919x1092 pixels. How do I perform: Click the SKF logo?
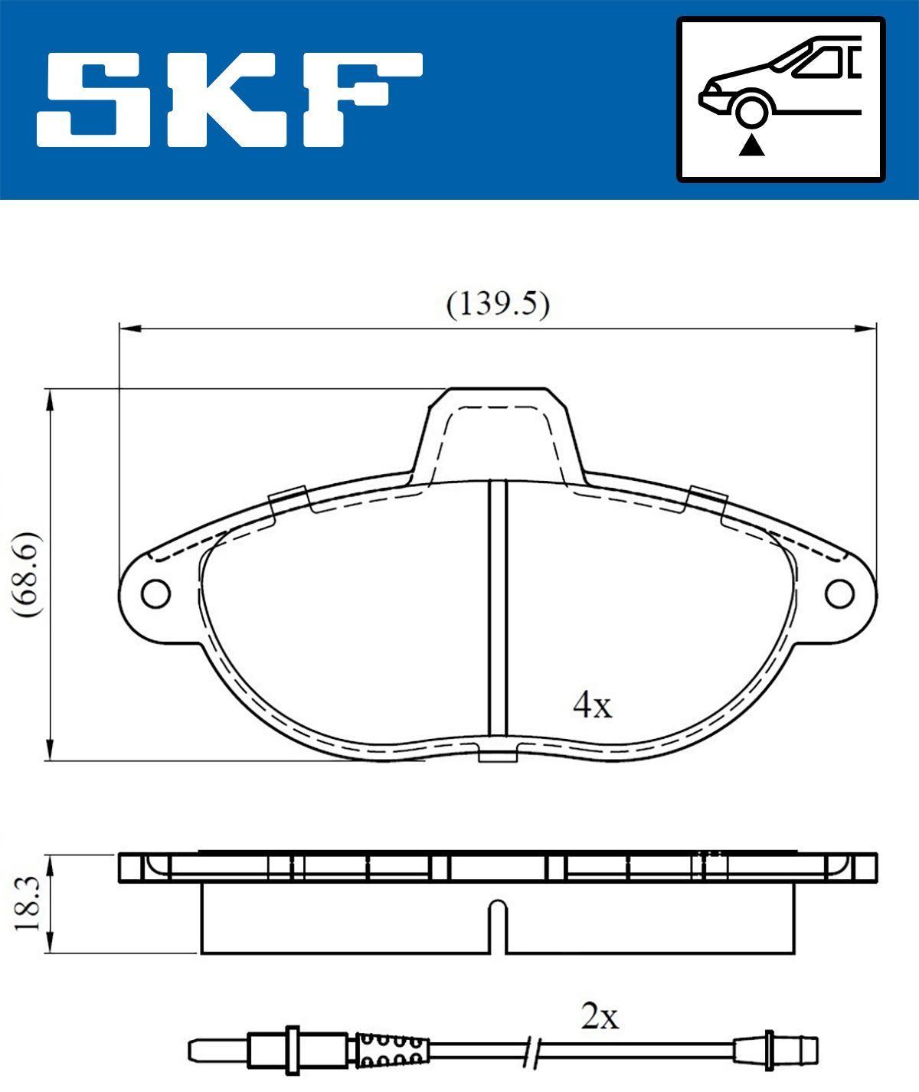tap(230, 100)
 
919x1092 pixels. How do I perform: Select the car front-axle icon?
tap(780, 100)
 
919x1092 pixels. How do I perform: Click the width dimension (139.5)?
tap(498, 305)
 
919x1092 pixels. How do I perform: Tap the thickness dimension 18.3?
tap(26, 904)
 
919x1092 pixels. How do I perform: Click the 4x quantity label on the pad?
tap(593, 705)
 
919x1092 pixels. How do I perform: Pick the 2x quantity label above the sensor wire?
tap(600, 1018)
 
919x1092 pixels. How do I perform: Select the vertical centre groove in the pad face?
tap(499, 613)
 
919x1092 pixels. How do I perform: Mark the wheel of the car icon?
tap(751, 110)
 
